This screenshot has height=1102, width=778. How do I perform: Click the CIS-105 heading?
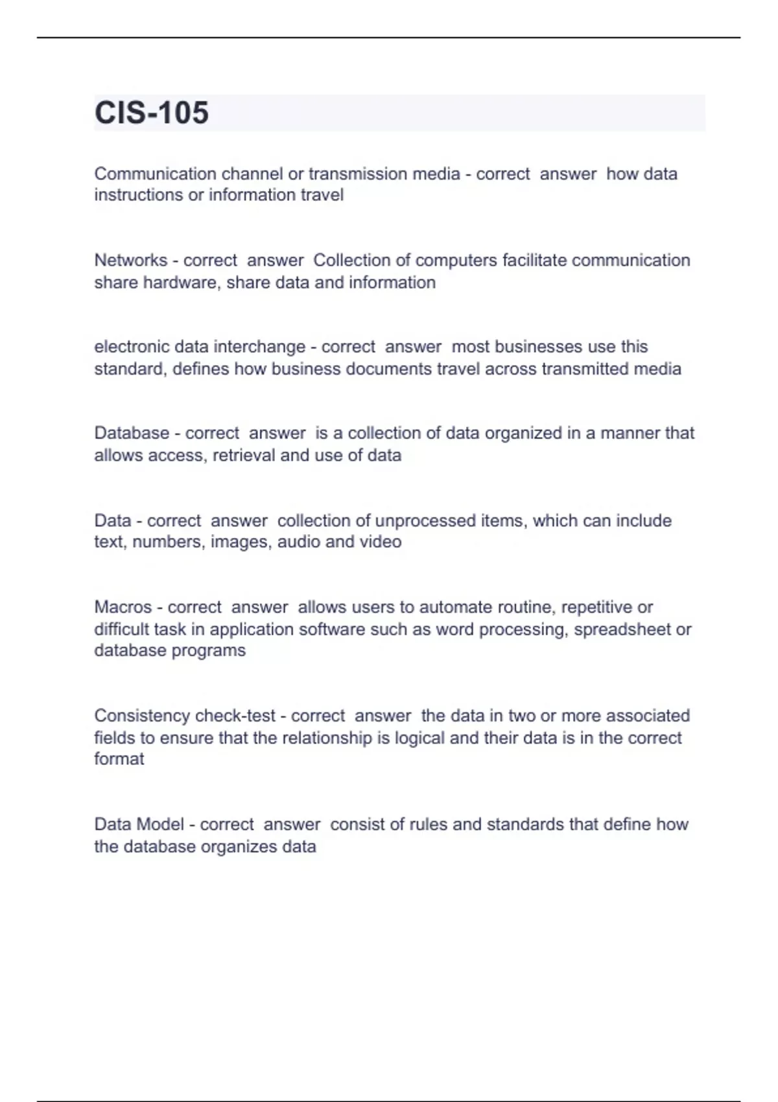(152, 113)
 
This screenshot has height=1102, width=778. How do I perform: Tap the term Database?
(132, 433)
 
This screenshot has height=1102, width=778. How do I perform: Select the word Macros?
(123, 607)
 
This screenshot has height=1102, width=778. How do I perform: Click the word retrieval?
(244, 455)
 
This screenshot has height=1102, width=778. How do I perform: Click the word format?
(119, 759)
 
